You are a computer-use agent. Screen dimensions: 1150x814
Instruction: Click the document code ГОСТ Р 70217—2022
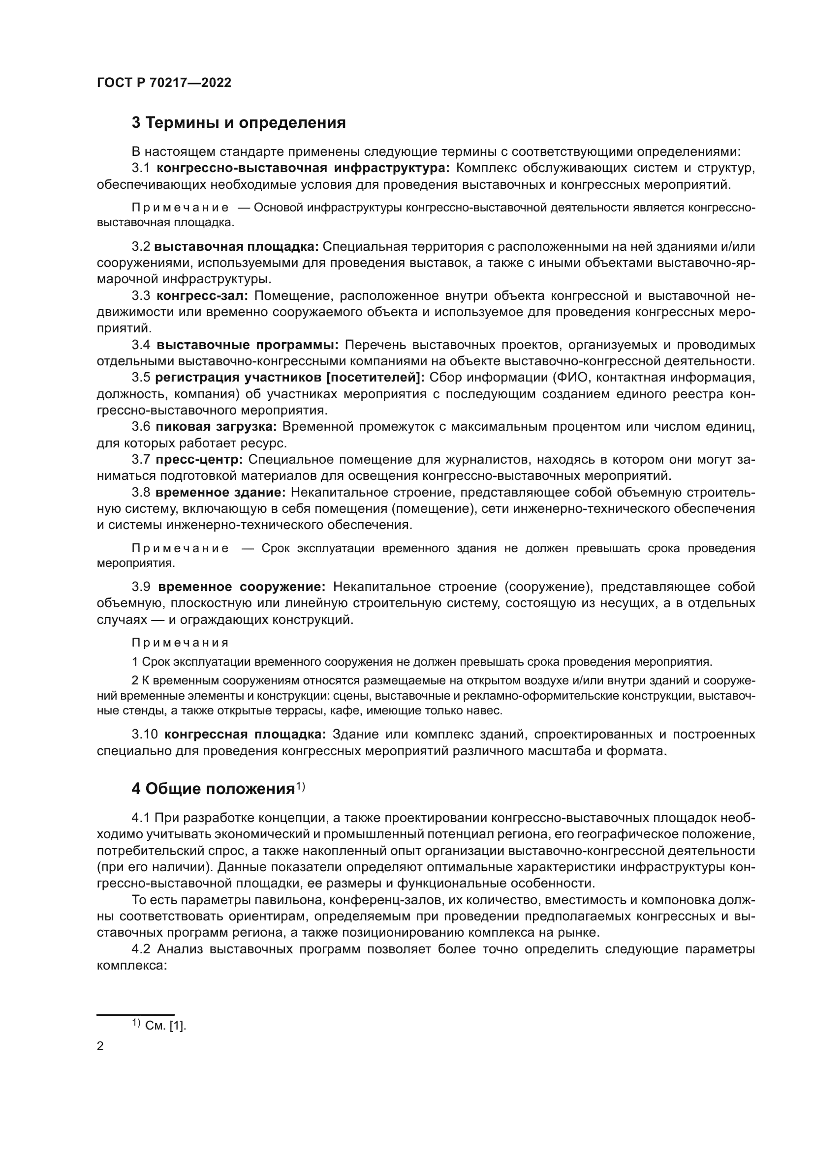click(164, 83)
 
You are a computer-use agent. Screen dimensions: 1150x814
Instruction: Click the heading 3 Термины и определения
click(239, 123)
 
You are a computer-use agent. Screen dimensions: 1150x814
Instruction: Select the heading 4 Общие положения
click(213, 789)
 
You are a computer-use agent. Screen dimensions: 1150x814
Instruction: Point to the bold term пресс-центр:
click(199, 459)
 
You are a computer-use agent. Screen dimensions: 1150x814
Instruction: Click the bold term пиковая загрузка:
click(216, 427)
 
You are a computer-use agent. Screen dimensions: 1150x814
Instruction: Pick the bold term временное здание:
click(220, 492)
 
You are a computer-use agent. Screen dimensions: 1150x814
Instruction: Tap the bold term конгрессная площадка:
click(245, 734)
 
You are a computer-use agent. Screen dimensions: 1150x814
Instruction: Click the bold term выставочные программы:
click(248, 345)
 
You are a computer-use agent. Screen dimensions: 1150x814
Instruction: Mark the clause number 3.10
click(145, 734)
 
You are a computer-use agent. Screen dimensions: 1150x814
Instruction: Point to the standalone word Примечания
click(181, 643)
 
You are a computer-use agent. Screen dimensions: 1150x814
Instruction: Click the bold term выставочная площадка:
click(237, 246)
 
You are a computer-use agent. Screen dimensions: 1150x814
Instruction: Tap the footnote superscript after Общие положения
click(300, 786)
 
